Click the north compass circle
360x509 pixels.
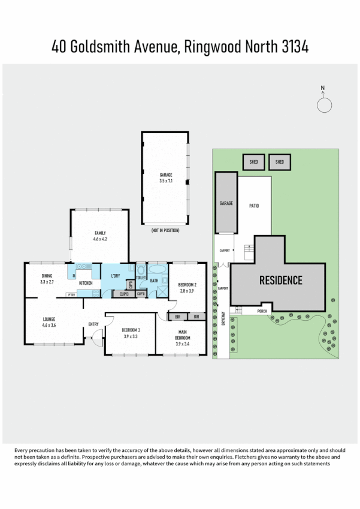coord(324,105)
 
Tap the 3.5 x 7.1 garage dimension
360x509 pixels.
coord(166,180)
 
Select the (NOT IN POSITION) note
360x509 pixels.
coord(165,230)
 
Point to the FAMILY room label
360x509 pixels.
coord(99,233)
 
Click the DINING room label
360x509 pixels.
coord(47,275)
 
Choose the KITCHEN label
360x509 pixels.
coord(86,282)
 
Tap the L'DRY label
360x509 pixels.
coord(117,276)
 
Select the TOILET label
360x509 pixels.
coord(141,278)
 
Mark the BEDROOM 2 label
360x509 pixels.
coord(188,285)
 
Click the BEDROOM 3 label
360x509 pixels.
coord(131,330)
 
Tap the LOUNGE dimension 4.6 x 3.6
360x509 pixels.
coord(49,325)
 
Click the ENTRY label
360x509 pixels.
coord(93,324)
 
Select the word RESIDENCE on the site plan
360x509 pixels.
coord(280,280)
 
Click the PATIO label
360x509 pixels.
coord(254,206)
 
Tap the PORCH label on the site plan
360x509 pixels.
coord(261,311)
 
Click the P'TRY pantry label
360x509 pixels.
coord(71,294)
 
